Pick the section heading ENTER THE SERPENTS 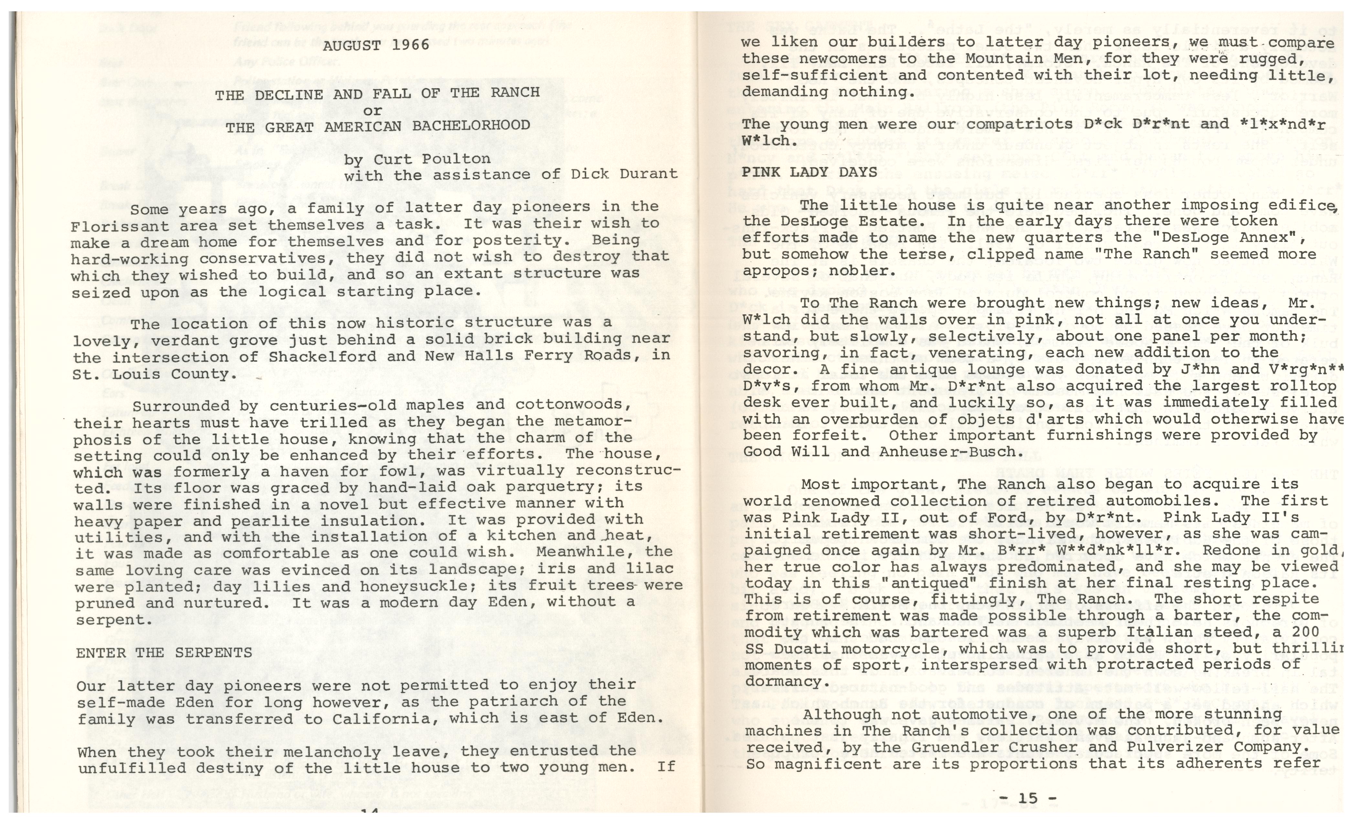(x=164, y=653)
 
